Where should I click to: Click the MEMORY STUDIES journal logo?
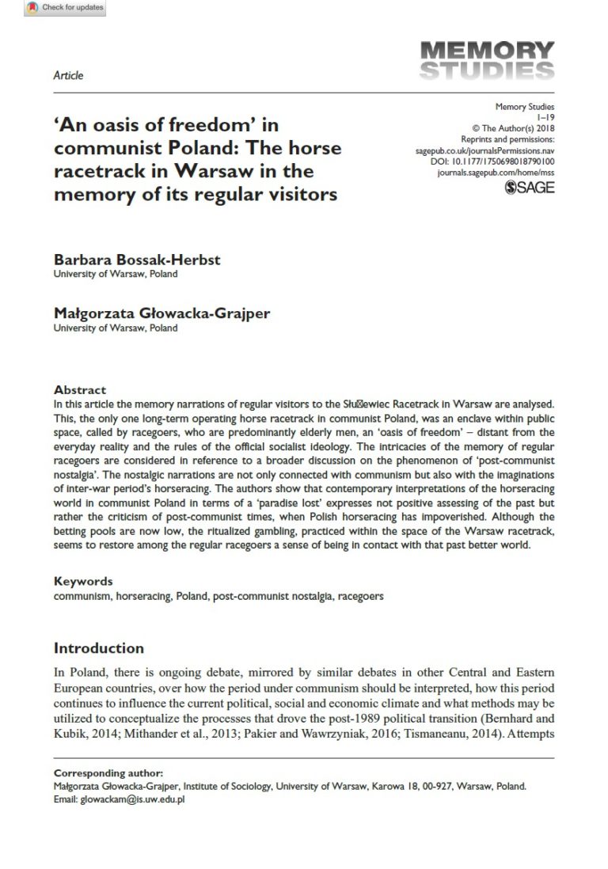coord(487,61)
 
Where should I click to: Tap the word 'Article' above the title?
coord(68,76)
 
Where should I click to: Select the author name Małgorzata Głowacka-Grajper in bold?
coord(162,313)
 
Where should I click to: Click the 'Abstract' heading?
coord(80,390)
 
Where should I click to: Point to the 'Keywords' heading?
coord(83,581)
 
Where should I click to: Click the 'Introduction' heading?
coord(99,648)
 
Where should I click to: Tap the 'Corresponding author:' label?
coord(103,772)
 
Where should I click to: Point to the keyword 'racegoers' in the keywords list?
coord(360,596)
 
